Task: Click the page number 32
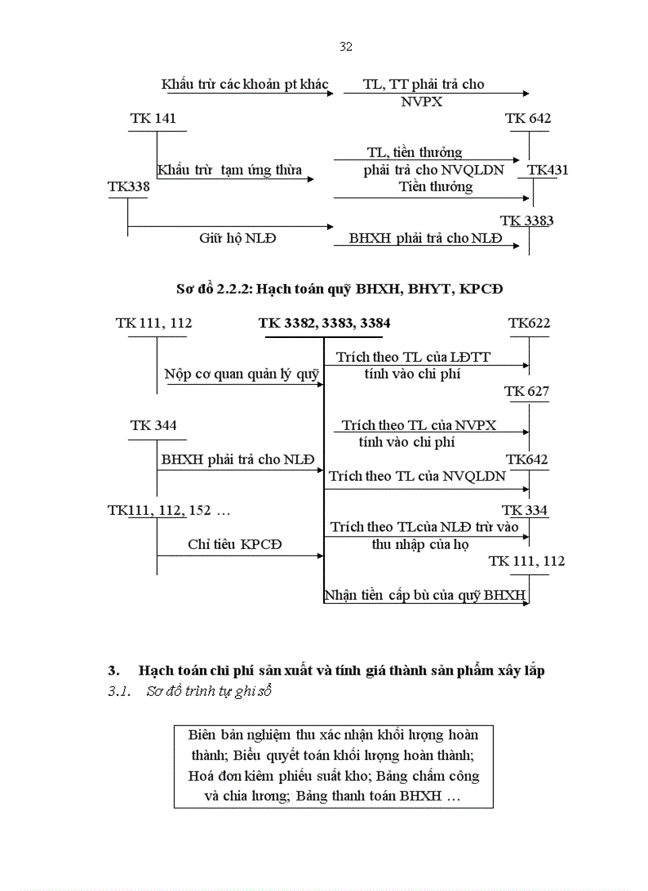[x=345, y=47]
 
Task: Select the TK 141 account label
[x=153, y=119]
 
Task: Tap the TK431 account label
[x=548, y=170]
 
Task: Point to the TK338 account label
[x=129, y=186]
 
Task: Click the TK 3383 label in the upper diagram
[x=526, y=221]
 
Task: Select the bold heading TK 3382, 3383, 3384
[x=324, y=324]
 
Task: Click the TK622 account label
[x=529, y=323]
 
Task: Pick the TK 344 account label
[x=153, y=425]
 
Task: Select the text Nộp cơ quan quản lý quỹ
[x=241, y=374]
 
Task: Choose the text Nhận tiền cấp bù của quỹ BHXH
[x=425, y=595]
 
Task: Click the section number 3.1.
[x=118, y=692]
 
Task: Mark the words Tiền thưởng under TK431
[x=434, y=186]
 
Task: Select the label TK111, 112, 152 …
[x=169, y=510]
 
